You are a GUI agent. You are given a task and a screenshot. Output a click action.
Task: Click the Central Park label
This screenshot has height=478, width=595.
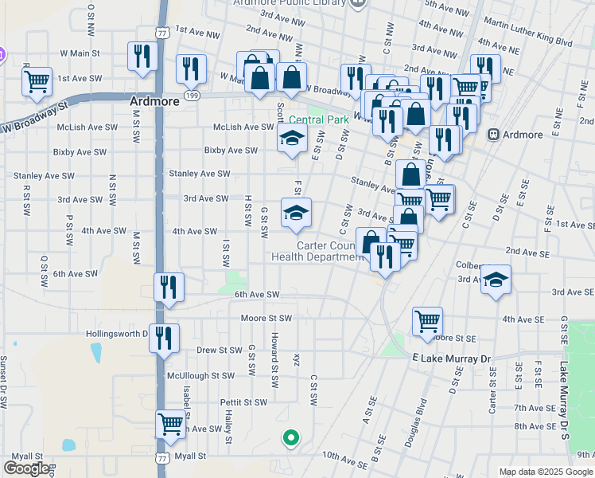point(319,120)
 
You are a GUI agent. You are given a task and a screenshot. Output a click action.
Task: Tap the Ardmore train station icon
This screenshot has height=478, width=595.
point(494,135)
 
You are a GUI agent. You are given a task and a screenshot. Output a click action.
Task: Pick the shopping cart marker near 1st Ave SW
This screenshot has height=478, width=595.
point(37,81)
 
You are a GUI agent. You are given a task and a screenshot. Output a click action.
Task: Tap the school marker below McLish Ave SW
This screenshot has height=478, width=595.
point(292,139)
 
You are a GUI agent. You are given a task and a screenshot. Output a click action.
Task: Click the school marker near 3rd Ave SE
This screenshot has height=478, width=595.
point(496,279)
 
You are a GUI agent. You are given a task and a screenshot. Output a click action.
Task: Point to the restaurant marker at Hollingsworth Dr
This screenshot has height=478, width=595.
point(164,338)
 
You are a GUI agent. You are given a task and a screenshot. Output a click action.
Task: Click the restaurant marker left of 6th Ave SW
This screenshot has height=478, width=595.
point(169,287)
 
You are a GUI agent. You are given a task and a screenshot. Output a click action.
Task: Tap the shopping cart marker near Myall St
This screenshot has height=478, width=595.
point(170,425)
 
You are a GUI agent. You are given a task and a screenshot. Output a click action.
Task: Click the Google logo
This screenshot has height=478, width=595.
point(26,468)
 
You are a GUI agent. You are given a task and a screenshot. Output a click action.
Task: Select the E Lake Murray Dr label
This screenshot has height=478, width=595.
point(453,359)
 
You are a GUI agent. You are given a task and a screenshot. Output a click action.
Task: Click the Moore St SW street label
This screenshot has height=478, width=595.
point(266,318)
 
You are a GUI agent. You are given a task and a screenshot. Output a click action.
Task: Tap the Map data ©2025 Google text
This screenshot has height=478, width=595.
point(546,472)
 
